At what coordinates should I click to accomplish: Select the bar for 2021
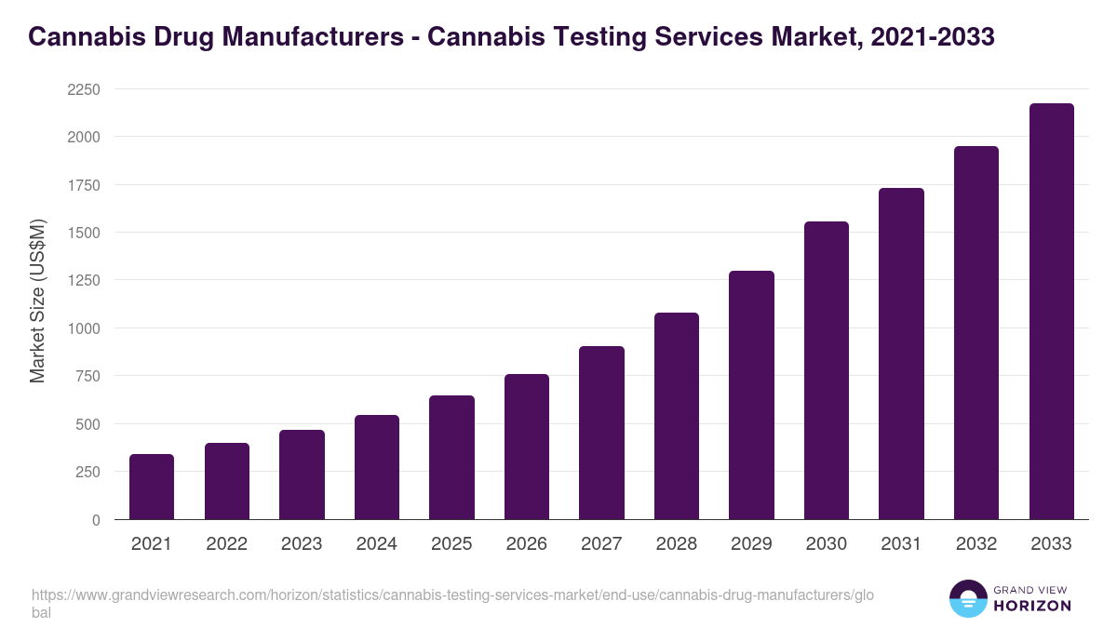tap(152, 487)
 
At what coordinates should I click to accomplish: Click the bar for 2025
tap(451, 458)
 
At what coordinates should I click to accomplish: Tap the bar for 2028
tap(677, 416)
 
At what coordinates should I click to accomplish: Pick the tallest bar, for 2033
tap(1051, 312)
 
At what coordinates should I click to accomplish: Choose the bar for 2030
tap(827, 370)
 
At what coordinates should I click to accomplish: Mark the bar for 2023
tap(302, 474)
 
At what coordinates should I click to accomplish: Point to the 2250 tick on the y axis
tap(84, 89)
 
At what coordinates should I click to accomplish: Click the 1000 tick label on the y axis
tap(84, 328)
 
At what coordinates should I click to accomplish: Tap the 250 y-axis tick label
tap(87, 472)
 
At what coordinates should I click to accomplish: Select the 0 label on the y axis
tap(96, 520)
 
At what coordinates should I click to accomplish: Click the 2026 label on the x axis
tap(527, 544)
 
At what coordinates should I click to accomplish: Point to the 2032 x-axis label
tap(976, 544)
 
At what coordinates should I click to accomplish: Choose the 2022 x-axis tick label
tap(226, 544)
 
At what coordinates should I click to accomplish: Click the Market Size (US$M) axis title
tap(37, 301)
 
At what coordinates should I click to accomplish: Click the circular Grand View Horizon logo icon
tap(967, 598)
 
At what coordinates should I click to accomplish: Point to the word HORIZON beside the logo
tap(1031, 606)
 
